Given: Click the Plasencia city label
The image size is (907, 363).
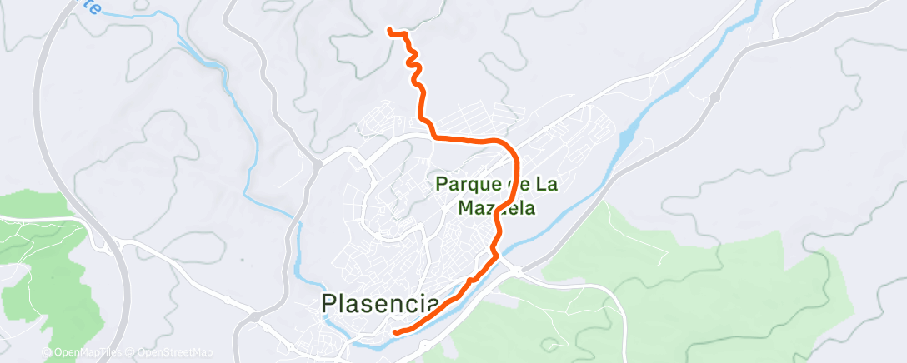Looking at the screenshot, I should (x=380, y=303).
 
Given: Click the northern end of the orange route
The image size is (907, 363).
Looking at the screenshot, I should (x=390, y=32).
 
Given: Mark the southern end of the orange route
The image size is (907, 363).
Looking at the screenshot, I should (x=394, y=331).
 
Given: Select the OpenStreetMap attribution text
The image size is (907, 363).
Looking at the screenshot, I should (x=176, y=352).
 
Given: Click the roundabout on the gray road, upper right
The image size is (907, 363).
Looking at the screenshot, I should (x=714, y=97).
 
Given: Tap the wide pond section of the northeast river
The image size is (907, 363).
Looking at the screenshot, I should (x=629, y=129).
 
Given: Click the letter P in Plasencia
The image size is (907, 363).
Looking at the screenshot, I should (x=330, y=303).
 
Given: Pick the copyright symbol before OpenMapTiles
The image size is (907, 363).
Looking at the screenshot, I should (x=46, y=352).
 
